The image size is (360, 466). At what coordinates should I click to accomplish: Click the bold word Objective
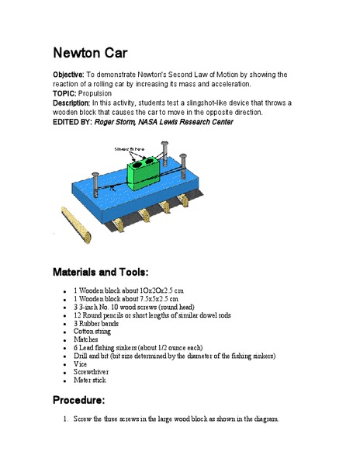[x=73, y=75]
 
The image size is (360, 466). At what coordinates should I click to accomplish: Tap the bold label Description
[x=76, y=103]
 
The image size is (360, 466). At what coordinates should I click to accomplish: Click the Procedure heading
[x=78, y=400]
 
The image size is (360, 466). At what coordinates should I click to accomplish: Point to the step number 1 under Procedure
[x=66, y=419]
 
